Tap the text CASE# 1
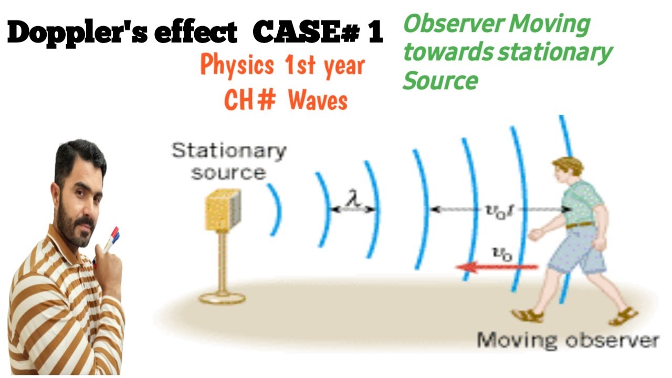pos(318,33)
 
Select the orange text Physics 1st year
pos(282,67)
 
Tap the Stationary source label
pos(229,161)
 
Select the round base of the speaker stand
pos(222,298)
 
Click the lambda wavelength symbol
pos(352,200)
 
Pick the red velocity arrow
pos(496,267)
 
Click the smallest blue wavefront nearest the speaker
pos(275,209)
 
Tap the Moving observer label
pos(567,340)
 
